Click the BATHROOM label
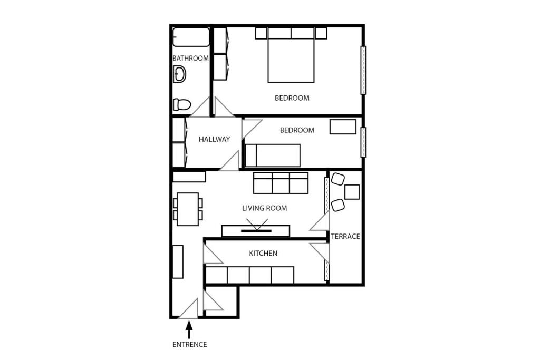click(x=190, y=58)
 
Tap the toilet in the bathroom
click(x=182, y=104)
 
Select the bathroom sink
click(x=179, y=74)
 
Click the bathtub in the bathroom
click(x=191, y=37)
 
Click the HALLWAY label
click(x=214, y=139)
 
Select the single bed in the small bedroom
click(x=273, y=155)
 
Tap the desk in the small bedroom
click(x=343, y=127)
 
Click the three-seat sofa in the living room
click(x=281, y=183)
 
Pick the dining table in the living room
click(x=188, y=209)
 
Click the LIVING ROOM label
click(x=265, y=208)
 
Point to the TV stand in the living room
click(x=256, y=231)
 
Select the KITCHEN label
click(x=263, y=254)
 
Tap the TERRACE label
click(x=345, y=237)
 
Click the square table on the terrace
click(x=352, y=192)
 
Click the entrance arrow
click(x=189, y=330)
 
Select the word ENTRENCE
click(x=190, y=345)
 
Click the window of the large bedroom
click(x=363, y=70)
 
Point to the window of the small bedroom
click(x=363, y=142)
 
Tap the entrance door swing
click(x=189, y=309)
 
